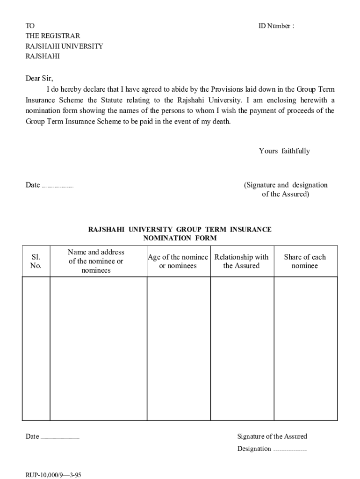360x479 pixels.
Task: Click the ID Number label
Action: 276,26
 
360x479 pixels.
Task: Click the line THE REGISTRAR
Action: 52,36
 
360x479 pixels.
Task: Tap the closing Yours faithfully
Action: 284,151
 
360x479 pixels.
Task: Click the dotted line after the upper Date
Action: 58,186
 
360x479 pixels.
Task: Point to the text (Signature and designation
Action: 286,185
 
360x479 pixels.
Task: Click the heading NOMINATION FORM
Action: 180,238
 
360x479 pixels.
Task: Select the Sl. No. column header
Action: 36,261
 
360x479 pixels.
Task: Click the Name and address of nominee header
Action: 96,261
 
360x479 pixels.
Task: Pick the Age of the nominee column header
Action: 178,261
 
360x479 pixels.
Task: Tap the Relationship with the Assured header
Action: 241,261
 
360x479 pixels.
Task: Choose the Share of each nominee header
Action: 305,261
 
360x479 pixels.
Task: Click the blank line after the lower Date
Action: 60,438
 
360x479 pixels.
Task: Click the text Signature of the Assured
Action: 272,436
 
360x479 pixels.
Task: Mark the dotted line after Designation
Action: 289,450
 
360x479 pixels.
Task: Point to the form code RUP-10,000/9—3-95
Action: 54,474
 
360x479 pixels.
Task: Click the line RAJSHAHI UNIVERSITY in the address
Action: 64,46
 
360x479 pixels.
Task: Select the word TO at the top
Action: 30,26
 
